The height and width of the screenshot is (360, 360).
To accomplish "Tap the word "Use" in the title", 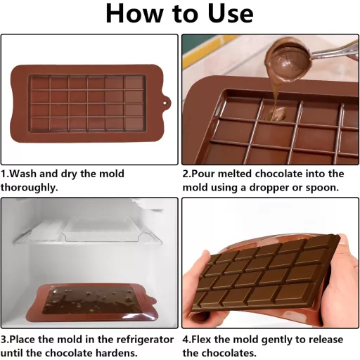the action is (x=231, y=13).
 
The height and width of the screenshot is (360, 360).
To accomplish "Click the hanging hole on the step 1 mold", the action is (x=165, y=103).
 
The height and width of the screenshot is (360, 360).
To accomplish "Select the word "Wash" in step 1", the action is (x=24, y=174).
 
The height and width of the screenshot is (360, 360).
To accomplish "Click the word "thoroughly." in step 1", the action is (x=29, y=188).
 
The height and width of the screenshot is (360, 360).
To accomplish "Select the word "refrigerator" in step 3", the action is (x=145, y=340).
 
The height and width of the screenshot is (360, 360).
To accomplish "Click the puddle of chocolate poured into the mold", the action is (x=276, y=114).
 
